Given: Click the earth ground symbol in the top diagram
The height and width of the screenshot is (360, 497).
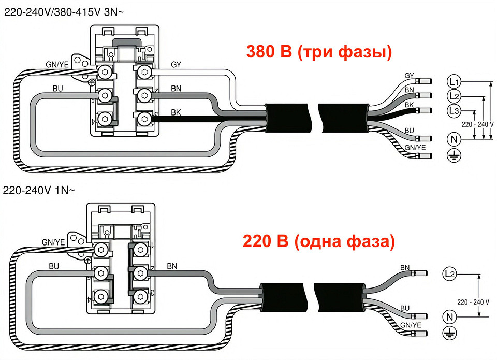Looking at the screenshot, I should [x=454, y=155].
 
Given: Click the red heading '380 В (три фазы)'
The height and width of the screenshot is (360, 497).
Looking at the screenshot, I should [x=318, y=52].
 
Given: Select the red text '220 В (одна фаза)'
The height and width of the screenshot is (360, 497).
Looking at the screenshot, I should [x=318, y=241].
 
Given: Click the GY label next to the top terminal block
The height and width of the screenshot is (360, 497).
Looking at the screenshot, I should [x=176, y=65].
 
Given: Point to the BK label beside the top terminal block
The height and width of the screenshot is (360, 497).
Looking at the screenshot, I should [x=176, y=112].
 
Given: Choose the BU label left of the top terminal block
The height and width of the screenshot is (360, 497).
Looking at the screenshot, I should [x=58, y=89].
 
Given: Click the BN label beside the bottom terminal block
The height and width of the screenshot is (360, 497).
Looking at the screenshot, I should [x=173, y=266].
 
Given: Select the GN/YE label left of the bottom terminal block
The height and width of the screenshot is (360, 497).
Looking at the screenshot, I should [x=53, y=242].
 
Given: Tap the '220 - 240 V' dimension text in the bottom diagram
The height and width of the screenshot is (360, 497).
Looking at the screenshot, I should [x=473, y=301].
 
